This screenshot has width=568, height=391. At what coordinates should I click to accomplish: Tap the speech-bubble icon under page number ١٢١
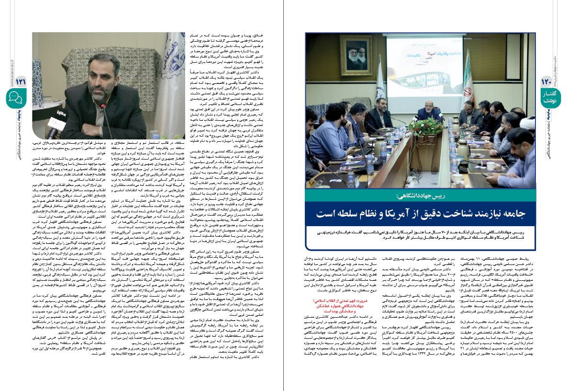15,98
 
